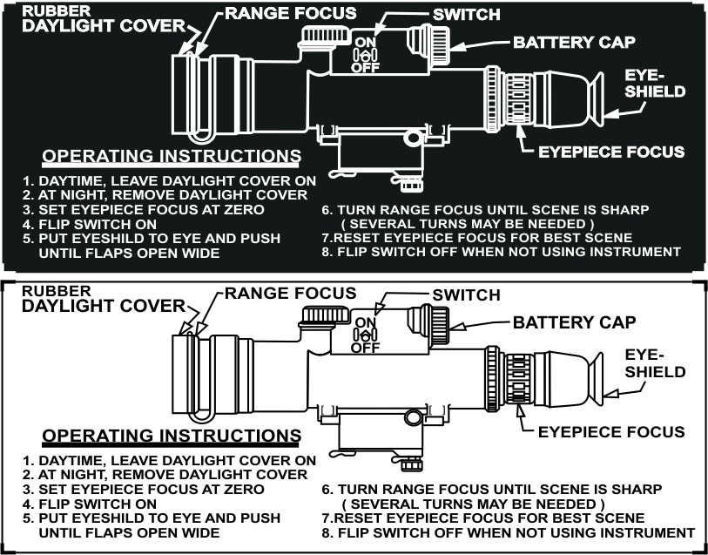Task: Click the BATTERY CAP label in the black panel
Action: coord(574,42)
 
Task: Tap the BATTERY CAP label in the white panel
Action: coord(574,322)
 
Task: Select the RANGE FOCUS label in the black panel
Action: coord(290,13)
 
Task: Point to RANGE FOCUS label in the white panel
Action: coord(290,294)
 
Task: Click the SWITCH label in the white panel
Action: coord(466,296)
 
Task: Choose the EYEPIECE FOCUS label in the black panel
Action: coord(611,152)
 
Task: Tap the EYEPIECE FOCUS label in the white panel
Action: coord(611,431)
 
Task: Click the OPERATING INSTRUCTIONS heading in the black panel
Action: coord(172,156)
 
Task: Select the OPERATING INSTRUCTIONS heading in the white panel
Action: coord(172,436)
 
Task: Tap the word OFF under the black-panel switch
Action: coord(365,66)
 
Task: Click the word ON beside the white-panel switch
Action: coord(365,321)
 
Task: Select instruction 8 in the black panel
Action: coord(501,252)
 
